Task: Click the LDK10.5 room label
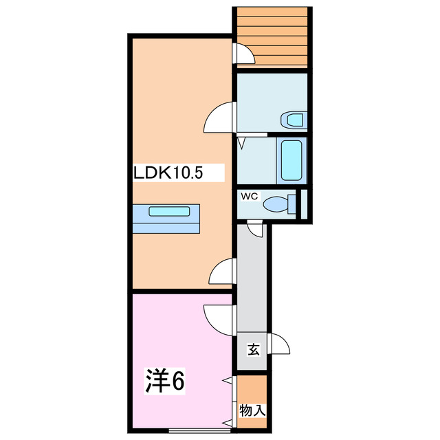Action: [168, 173]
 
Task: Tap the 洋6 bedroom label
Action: [165, 380]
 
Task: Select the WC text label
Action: [249, 196]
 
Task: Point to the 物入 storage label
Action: [252, 411]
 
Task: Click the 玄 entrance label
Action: [254, 350]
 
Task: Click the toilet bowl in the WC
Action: [276, 203]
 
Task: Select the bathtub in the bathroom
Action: [291, 160]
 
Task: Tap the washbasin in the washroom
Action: [294, 120]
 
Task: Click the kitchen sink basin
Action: [169, 211]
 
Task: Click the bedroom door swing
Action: [219, 320]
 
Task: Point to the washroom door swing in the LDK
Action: [219, 117]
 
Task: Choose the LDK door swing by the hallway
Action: [221, 271]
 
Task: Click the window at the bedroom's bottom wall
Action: [200, 430]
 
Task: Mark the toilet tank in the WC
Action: [292, 203]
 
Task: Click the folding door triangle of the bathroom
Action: [241, 142]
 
